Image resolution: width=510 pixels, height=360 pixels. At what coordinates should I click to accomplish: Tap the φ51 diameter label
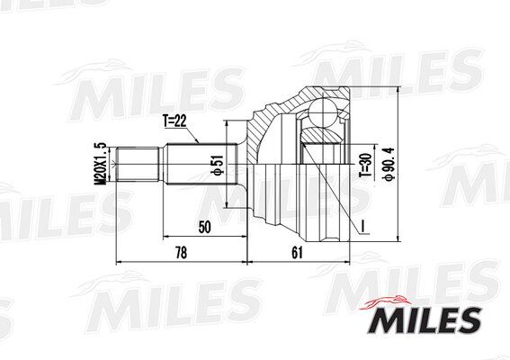tap(217, 166)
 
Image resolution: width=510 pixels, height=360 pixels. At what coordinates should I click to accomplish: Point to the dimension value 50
tap(204, 227)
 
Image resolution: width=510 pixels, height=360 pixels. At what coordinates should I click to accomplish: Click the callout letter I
tap(361, 222)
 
